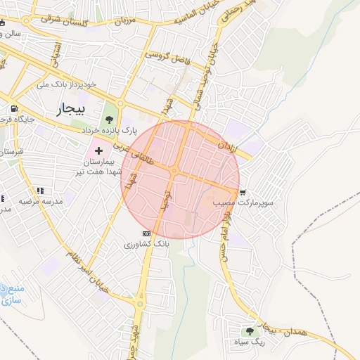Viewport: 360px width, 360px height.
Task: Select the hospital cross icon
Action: pos(98,150)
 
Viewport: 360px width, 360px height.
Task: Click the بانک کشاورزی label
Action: pos(146,244)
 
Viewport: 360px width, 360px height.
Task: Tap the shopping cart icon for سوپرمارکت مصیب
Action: pos(243,192)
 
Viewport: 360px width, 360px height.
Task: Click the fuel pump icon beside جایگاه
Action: pos(13,109)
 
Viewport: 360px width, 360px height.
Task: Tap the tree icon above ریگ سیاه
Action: pos(248,331)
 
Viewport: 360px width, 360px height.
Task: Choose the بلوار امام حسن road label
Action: pos(226,235)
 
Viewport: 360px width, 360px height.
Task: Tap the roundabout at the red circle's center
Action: pos(174,171)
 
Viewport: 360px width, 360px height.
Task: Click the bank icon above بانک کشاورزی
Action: pos(146,233)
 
